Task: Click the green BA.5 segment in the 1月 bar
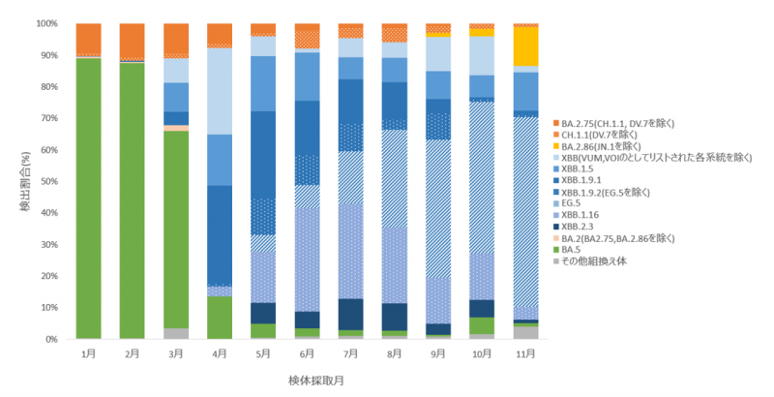(88, 198)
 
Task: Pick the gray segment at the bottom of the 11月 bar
(525, 332)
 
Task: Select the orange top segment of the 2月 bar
(133, 41)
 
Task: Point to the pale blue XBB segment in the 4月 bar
(220, 91)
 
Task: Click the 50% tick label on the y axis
(45, 181)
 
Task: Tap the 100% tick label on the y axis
(44, 23)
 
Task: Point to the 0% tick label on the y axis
(48, 339)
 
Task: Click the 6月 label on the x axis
(308, 354)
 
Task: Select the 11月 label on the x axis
(525, 354)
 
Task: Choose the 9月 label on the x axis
(438, 354)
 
